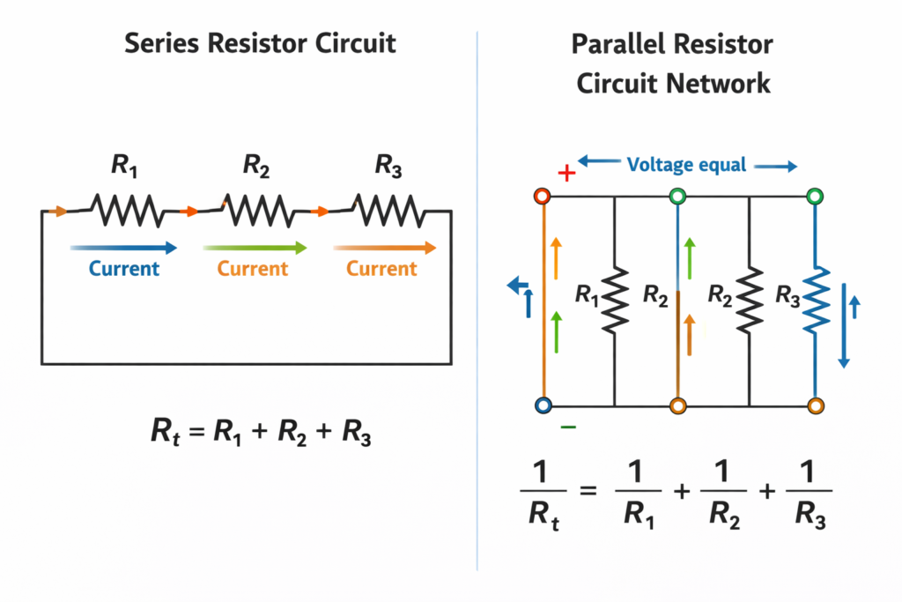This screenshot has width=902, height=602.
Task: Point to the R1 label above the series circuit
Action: coord(123,165)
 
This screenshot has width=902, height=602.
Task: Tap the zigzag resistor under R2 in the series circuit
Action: coord(256,211)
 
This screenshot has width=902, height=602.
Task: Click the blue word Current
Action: coord(124,268)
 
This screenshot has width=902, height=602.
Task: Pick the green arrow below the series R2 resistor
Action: coord(255,248)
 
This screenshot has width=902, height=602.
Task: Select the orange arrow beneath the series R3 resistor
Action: coord(385,248)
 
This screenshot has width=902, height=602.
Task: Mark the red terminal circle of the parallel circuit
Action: coord(543,196)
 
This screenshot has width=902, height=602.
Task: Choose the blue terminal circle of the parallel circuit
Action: coord(543,405)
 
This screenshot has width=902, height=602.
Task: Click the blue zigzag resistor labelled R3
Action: coord(816,300)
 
